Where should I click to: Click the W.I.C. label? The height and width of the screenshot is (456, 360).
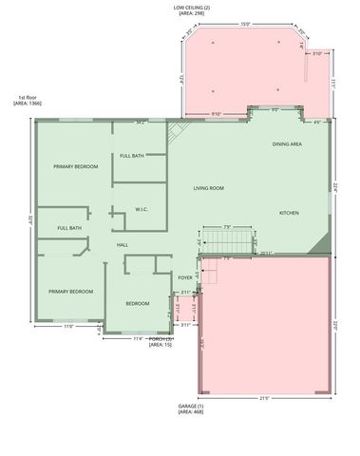pos(141,209)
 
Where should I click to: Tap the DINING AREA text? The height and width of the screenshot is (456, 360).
pos(287,143)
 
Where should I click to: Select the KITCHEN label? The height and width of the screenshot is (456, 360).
pos(289,213)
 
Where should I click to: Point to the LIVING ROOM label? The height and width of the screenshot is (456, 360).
pos(207,188)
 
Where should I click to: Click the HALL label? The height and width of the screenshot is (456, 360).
pos(123,245)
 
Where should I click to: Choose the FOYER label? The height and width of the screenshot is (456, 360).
pos(185,277)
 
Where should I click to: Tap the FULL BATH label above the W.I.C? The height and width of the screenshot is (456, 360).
pos(132,156)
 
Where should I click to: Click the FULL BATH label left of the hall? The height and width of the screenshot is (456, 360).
pos(68,228)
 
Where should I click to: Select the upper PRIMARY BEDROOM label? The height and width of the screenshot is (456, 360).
pos(76,167)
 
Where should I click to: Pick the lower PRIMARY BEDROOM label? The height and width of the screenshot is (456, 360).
pos(70,292)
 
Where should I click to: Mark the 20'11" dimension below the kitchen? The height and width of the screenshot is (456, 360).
pos(267,252)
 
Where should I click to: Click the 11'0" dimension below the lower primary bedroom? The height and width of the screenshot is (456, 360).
pos(68,326)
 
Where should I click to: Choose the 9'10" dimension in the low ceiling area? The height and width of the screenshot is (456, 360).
pos(217,114)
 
